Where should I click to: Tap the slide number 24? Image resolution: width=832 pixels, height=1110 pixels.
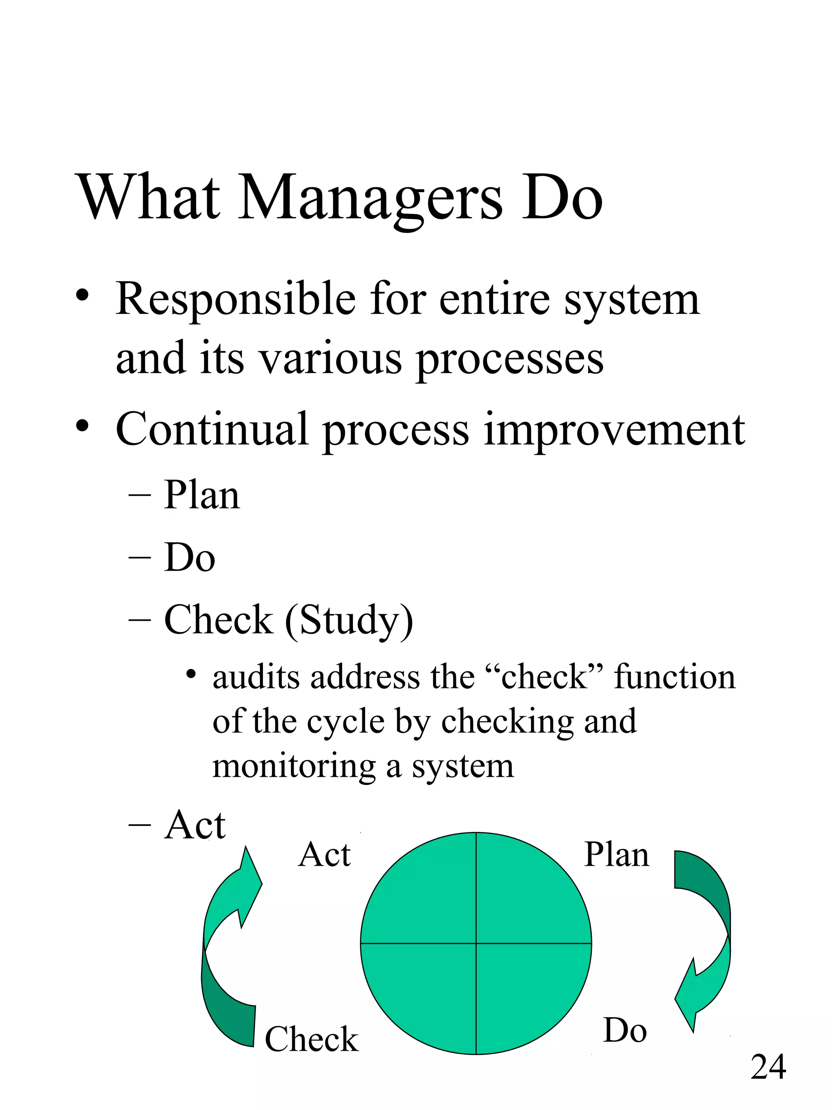768,1067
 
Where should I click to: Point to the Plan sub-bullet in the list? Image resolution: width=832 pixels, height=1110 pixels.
201,495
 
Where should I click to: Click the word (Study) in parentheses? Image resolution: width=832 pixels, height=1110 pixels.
349,621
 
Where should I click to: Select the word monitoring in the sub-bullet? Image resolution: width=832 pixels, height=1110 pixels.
294,766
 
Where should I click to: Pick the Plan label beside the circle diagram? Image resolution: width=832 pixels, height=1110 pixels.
616,855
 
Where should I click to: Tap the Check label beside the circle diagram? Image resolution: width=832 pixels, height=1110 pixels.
311,1039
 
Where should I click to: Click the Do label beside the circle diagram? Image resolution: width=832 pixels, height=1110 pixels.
624,1031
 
